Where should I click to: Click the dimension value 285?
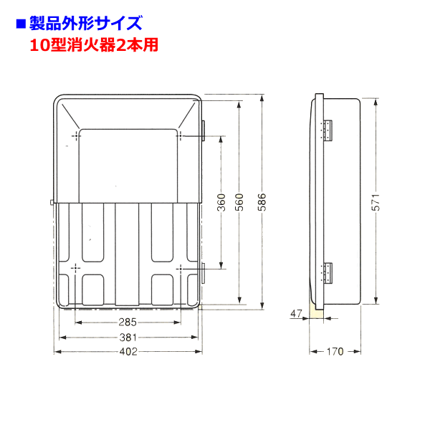click(x=128, y=322)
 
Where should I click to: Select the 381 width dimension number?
click(x=128, y=338)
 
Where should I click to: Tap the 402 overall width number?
click(x=128, y=351)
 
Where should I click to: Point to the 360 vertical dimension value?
click(x=221, y=202)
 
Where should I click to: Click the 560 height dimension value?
click(x=239, y=202)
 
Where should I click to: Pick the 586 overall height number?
click(x=262, y=202)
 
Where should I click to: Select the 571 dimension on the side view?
click(x=376, y=202)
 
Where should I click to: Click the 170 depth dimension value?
click(x=335, y=351)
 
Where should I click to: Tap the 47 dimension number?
click(x=296, y=313)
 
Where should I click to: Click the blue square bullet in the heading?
click(x=21, y=24)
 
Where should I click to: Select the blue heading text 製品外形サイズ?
click(x=86, y=24)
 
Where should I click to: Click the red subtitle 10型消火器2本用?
click(x=94, y=45)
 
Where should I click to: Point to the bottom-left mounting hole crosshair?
click(x=75, y=267)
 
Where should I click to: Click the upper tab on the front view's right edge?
click(x=204, y=131)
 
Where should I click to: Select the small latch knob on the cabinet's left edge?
click(x=52, y=203)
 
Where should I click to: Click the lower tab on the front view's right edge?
click(x=204, y=273)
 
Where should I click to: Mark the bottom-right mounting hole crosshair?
click(x=180, y=268)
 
